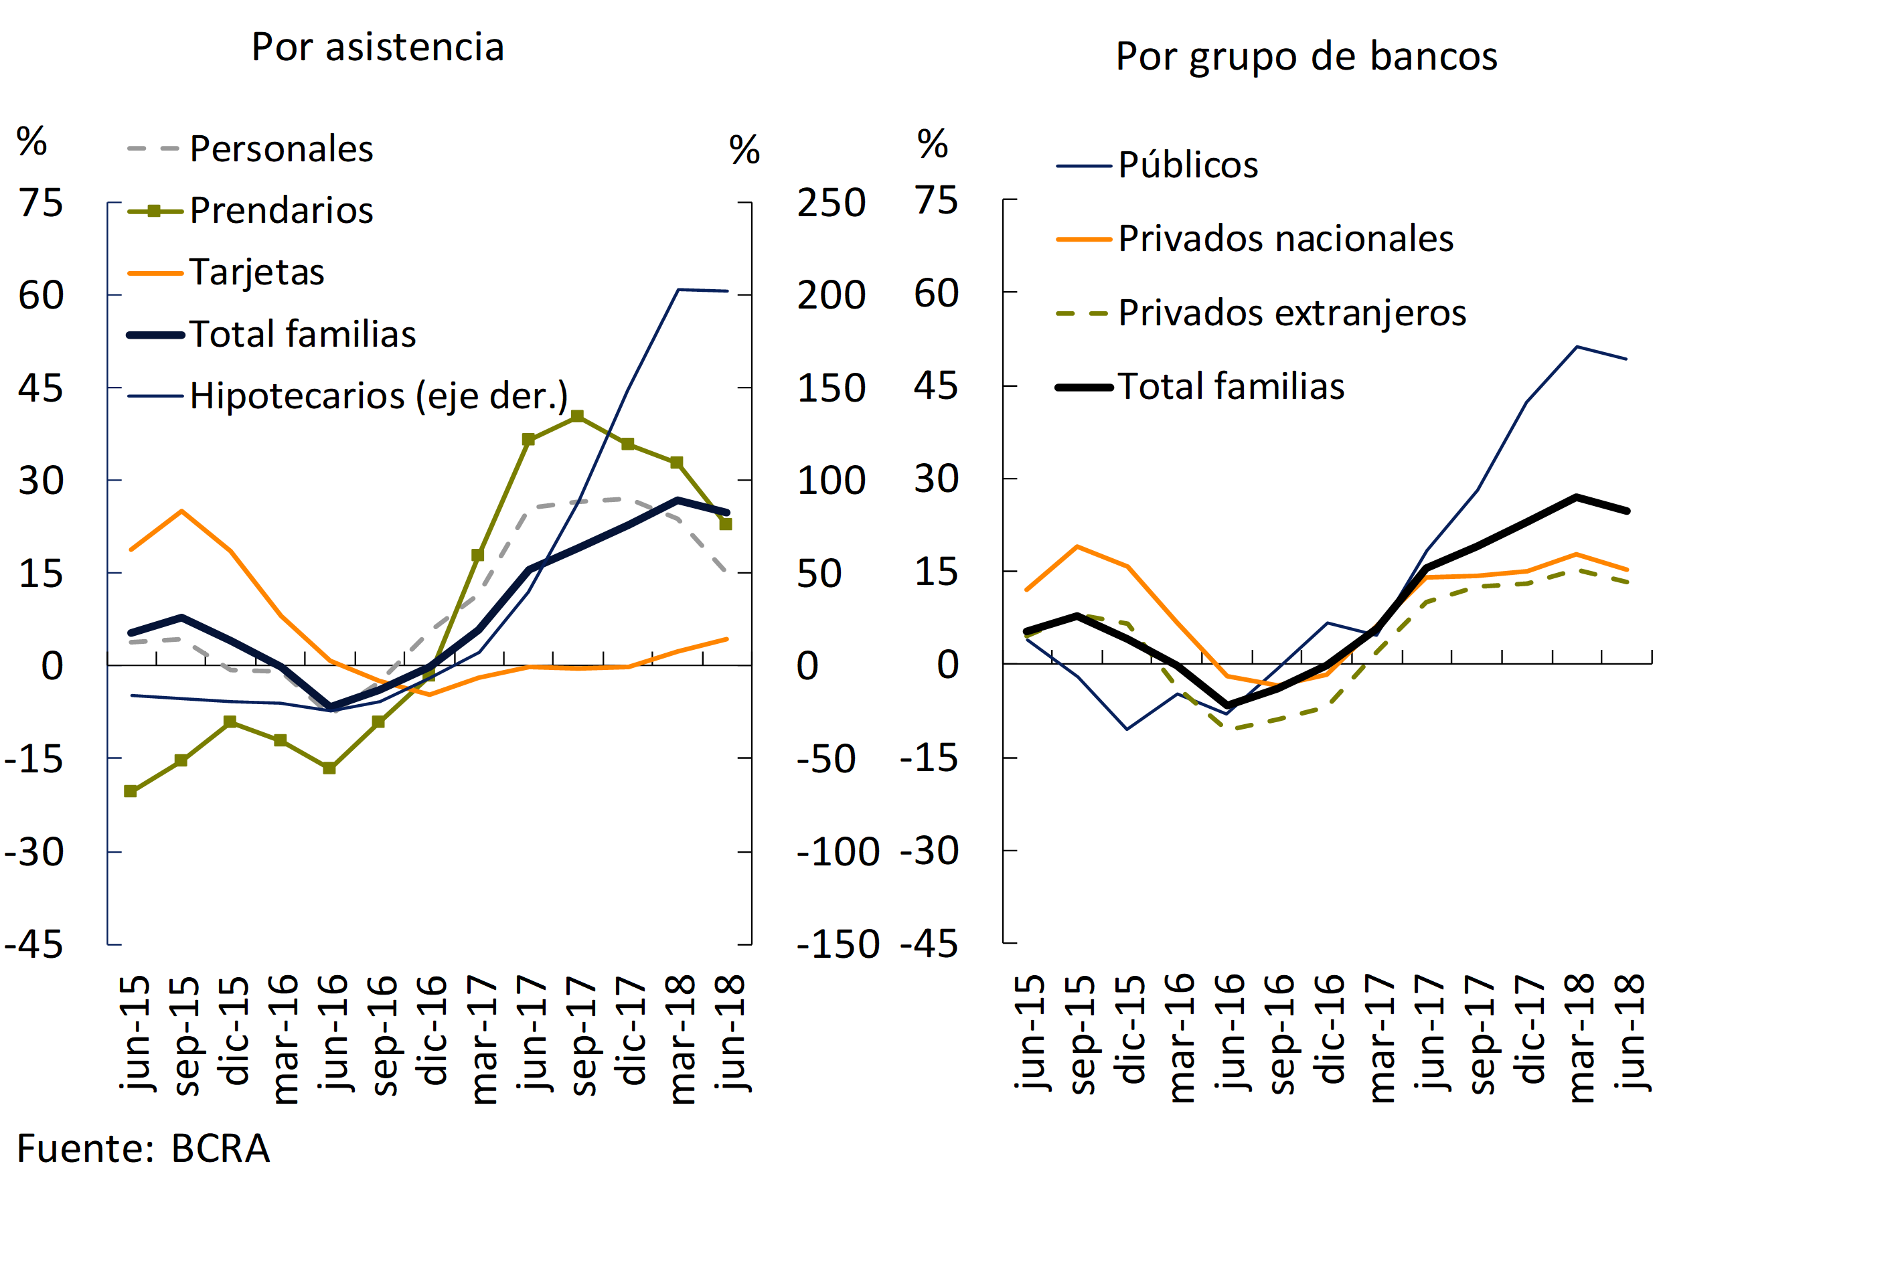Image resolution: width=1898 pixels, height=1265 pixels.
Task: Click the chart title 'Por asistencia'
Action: [x=378, y=47]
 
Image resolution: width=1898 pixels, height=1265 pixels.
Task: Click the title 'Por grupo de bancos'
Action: [x=1306, y=56]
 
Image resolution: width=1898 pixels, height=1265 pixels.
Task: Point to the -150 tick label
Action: [x=838, y=944]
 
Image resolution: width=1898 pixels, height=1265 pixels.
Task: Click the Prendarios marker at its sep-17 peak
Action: [x=577, y=416]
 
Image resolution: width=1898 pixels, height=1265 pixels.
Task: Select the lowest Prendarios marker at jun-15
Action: [x=131, y=791]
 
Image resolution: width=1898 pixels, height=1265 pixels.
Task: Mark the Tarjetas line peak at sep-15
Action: [x=181, y=511]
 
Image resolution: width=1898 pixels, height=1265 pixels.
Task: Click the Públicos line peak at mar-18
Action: [x=1576, y=347]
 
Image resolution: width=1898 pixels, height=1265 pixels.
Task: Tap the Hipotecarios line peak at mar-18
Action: [x=678, y=290]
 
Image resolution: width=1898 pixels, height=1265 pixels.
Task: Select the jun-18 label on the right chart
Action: [x=1630, y=1033]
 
